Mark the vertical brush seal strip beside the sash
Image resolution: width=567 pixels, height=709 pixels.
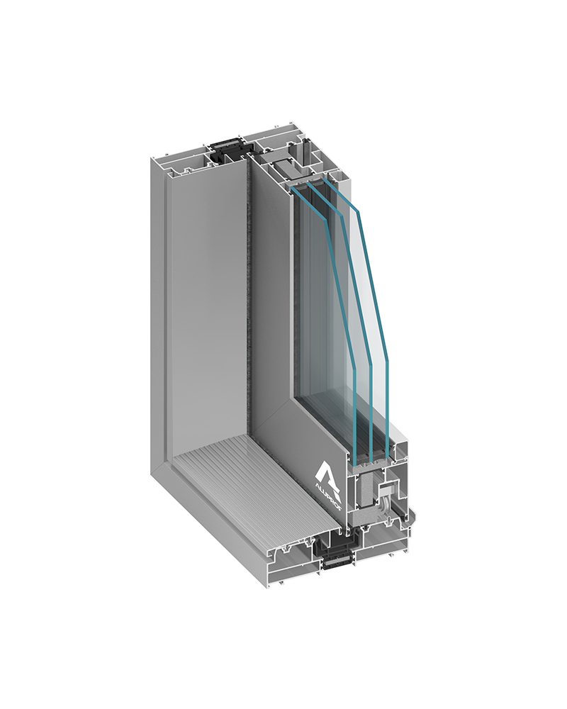pos(249,298)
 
